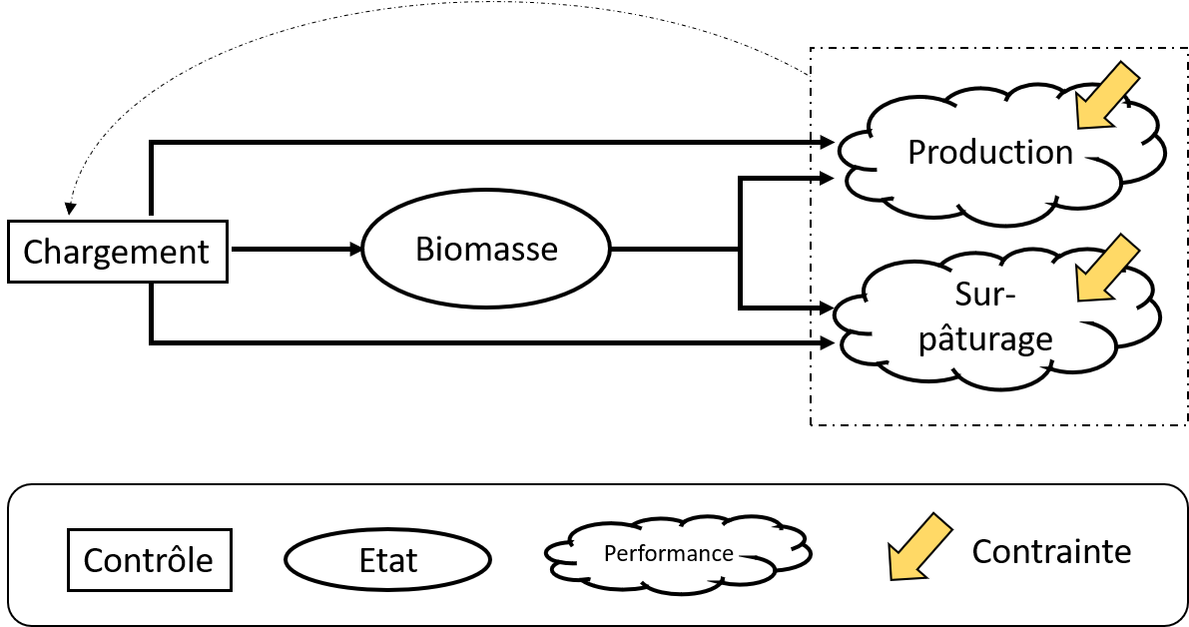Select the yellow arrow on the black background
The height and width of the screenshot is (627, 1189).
(918, 546)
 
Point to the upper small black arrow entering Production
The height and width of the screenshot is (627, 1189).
(824, 143)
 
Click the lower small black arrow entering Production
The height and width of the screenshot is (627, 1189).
(824, 179)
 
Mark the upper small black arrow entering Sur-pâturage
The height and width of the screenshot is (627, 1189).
(824, 307)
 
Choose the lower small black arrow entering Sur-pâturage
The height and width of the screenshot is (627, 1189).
(824, 343)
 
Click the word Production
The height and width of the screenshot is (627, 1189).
(989, 152)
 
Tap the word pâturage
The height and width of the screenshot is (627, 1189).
(984, 338)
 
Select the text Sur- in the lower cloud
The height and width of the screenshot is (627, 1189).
(984, 297)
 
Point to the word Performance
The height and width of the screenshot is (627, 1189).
(669, 553)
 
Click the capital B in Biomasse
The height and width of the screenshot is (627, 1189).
(424, 248)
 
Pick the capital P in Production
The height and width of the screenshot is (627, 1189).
(917, 152)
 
